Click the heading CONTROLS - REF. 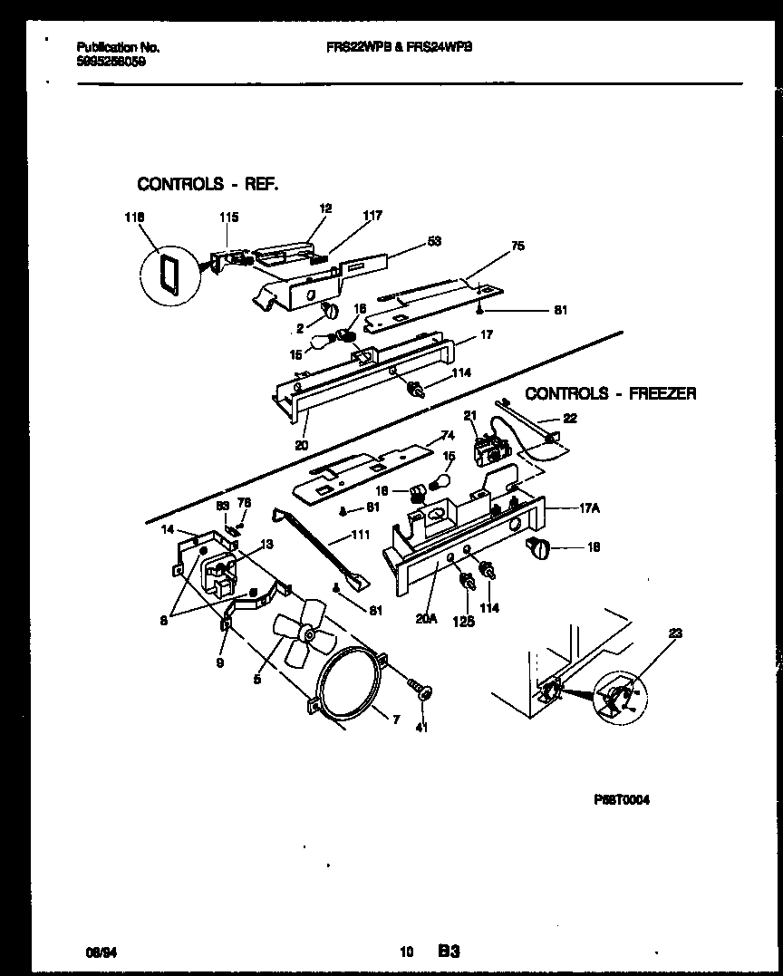(x=208, y=184)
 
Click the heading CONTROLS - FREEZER (x=611, y=393)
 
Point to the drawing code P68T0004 (x=622, y=800)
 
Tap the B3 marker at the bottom (x=449, y=952)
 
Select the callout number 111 (x=360, y=536)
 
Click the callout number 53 (x=434, y=241)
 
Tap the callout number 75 (x=517, y=246)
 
